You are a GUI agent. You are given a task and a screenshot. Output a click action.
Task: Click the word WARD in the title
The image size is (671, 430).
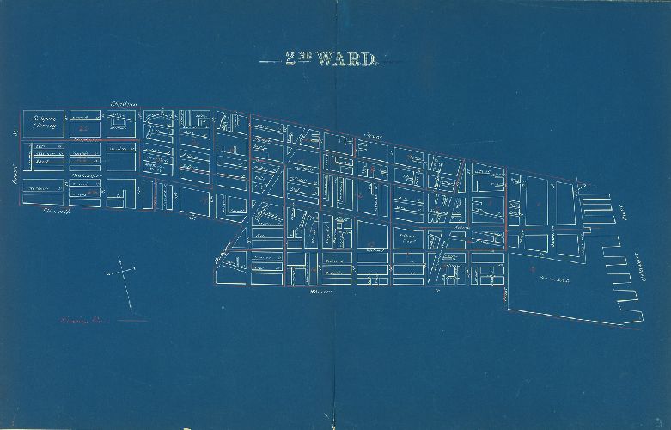pyautogui.click(x=346, y=59)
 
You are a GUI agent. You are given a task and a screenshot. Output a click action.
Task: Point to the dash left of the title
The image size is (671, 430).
pyautogui.click(x=267, y=61)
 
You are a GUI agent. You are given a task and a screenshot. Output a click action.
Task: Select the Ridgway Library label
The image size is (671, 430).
pyautogui.click(x=43, y=122)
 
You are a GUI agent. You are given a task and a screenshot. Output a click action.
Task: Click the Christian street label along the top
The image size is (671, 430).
pyautogui.click(x=126, y=103)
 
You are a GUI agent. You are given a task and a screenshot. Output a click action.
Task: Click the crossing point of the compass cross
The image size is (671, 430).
pyautogui.click(x=121, y=273)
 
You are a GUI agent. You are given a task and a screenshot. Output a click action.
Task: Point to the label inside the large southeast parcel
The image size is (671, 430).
pyautogui.click(x=554, y=279)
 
